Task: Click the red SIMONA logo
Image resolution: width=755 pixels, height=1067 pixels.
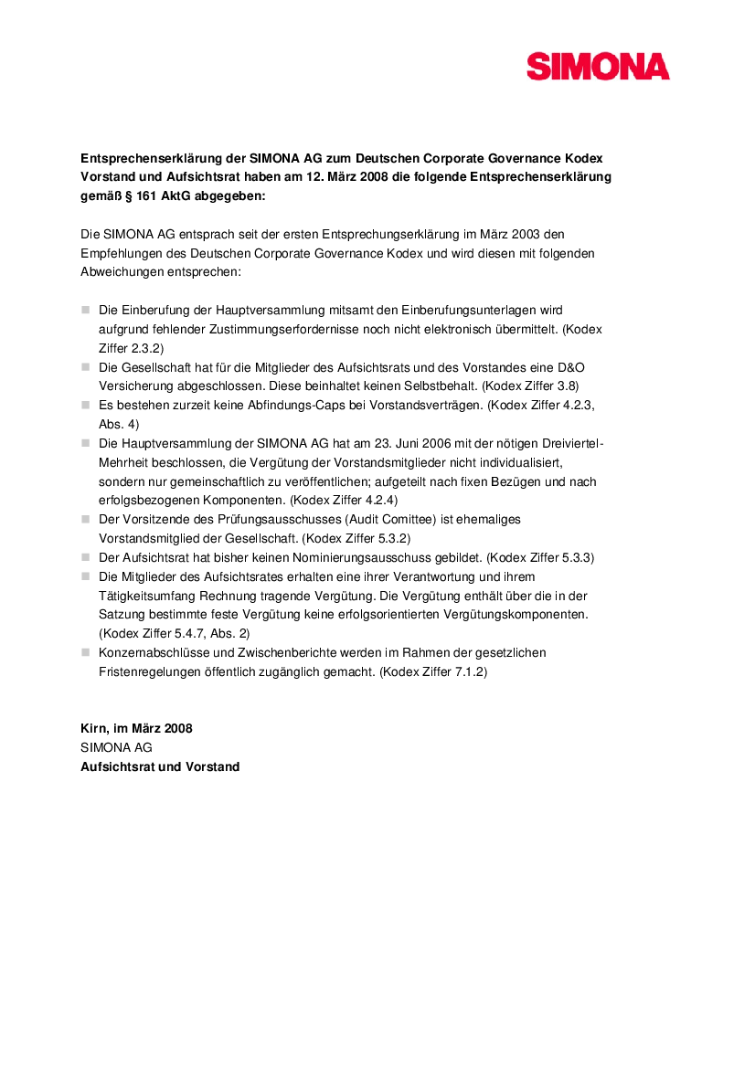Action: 598,67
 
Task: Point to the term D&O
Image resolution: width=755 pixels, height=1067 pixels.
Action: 569,367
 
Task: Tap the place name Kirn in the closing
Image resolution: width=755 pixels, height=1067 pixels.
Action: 94,729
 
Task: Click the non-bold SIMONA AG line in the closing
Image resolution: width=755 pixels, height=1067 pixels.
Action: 116,747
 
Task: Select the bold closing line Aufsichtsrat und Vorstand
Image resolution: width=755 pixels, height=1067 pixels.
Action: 160,766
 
